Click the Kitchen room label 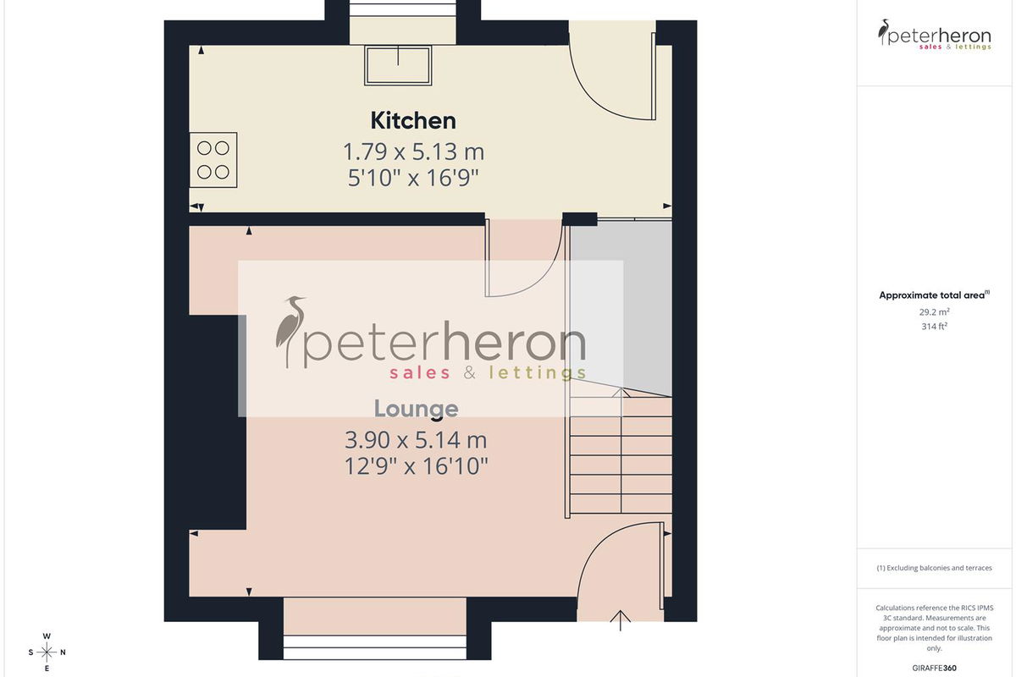pyautogui.click(x=413, y=121)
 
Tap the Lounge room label pyautogui.click(x=416, y=409)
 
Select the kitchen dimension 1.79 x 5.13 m pyautogui.click(x=413, y=152)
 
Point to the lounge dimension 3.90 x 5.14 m pyautogui.click(x=416, y=440)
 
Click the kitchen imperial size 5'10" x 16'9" pyautogui.click(x=413, y=178)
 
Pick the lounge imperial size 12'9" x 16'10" pyautogui.click(x=416, y=466)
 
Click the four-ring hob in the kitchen pyautogui.click(x=213, y=160)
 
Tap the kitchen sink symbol pyautogui.click(x=398, y=65)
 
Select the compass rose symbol pyautogui.click(x=47, y=652)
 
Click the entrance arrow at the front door pyautogui.click(x=620, y=620)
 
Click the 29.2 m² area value pyautogui.click(x=935, y=312)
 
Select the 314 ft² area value pyautogui.click(x=935, y=326)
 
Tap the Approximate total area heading pyautogui.click(x=935, y=295)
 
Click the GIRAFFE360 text pyautogui.click(x=935, y=668)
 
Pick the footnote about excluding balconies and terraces pyautogui.click(x=935, y=568)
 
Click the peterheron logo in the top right pyautogui.click(x=935, y=35)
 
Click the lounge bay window pyautogui.click(x=374, y=647)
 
